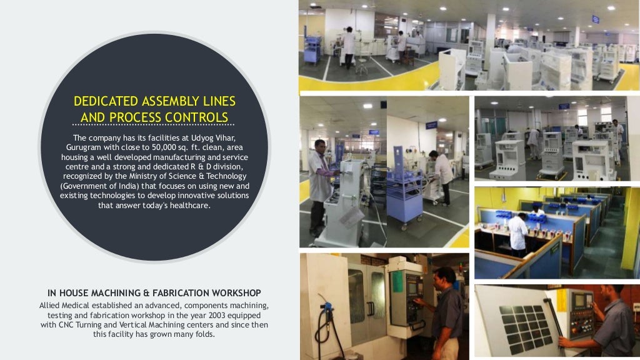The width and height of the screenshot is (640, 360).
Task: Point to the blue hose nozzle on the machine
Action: pos(326,307)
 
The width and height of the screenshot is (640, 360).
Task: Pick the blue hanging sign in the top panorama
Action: pos(596,19)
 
